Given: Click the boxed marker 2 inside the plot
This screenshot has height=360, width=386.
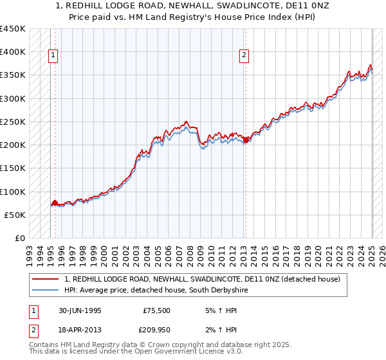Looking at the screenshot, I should pyautogui.click(x=244, y=56).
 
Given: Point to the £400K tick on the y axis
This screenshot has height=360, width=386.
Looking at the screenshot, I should pyautogui.click(x=13, y=52).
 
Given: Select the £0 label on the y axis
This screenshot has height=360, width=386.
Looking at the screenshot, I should pyautogui.click(x=20, y=239).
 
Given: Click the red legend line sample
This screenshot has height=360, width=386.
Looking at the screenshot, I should pyautogui.click(x=46, y=279).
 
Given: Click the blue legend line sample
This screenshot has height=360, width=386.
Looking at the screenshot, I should pyautogui.click(x=46, y=290).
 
